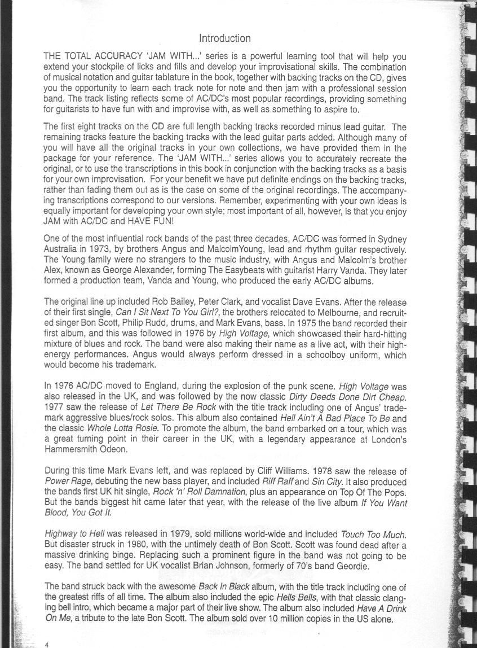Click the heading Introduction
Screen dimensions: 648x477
click(x=225, y=38)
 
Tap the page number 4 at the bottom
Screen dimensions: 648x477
click(x=48, y=643)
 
